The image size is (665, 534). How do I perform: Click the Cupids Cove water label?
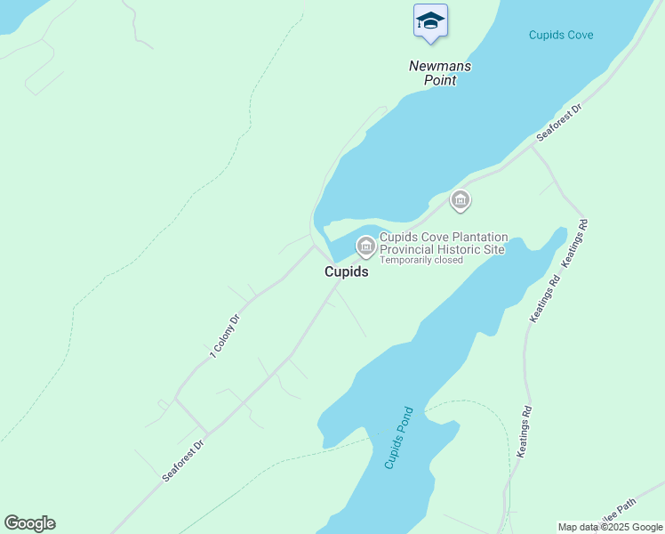[560, 36]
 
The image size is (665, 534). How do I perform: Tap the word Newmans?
[440, 67]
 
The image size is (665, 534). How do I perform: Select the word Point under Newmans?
[439, 80]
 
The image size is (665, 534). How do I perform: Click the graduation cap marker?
[430, 21]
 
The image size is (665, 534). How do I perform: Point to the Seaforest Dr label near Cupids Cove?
[559, 123]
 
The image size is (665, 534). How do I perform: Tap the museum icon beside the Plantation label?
[365, 246]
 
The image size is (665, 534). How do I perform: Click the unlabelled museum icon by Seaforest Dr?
[460, 200]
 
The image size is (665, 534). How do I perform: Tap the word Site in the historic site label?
[495, 250]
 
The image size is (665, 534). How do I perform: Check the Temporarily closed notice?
[421, 261]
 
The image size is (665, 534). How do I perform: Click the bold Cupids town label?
[346, 272]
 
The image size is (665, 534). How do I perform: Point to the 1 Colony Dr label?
[225, 336]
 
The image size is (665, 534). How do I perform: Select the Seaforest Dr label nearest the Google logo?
[184, 459]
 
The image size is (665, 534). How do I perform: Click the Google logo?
[29, 523]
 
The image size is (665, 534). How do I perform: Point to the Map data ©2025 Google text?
[610, 527]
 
